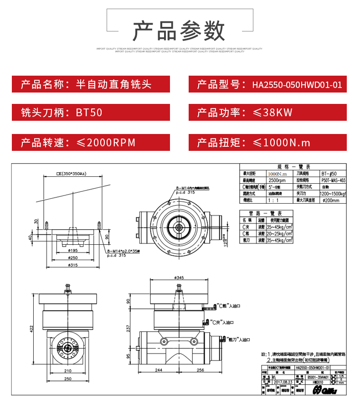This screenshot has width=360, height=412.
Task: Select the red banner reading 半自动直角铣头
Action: (x=91, y=85)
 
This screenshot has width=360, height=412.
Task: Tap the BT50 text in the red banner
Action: (x=91, y=113)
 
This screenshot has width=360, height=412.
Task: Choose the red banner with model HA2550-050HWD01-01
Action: (x=267, y=85)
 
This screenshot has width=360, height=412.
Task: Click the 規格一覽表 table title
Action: (x=294, y=167)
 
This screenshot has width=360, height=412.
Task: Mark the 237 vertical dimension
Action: (x=129, y=328)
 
